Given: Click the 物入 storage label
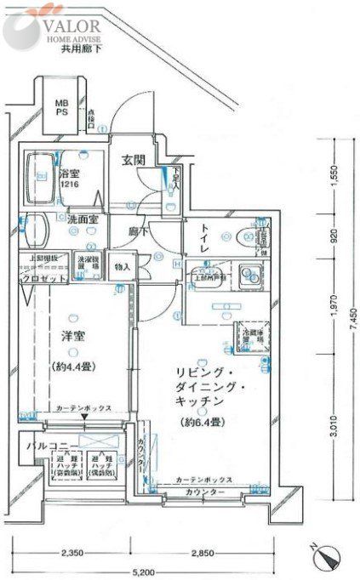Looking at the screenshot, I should tap(123, 266).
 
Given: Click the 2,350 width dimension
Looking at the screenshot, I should tap(71, 554).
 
